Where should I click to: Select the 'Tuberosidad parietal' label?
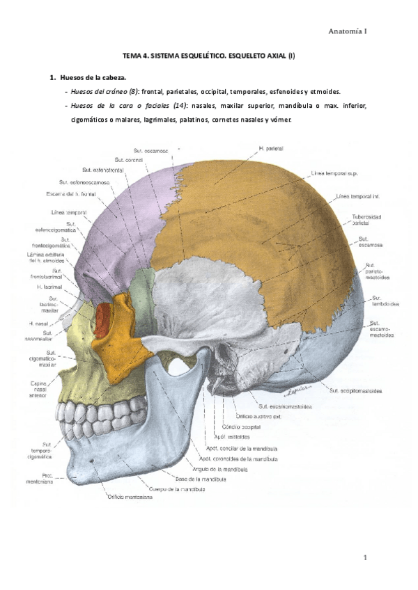tap(370, 221)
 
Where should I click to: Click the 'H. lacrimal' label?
tap(50, 287)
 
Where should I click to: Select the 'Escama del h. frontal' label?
tap(71, 194)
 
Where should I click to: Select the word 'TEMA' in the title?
tap(131, 61)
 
